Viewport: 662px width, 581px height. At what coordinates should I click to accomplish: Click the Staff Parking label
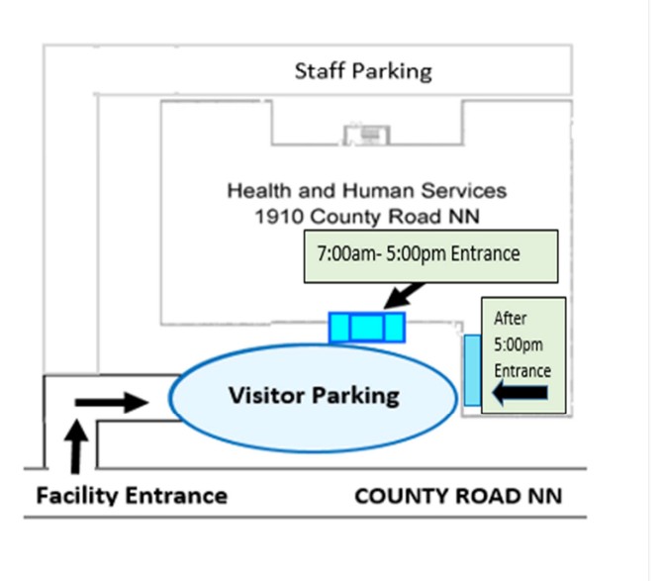[x=363, y=71]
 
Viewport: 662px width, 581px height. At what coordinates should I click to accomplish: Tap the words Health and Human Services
[x=366, y=190]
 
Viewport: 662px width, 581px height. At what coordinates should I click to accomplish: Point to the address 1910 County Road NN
[x=366, y=215]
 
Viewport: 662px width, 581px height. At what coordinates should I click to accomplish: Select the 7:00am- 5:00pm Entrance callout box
[x=426, y=254]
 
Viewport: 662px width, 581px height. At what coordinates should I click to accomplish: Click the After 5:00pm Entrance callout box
[x=522, y=354]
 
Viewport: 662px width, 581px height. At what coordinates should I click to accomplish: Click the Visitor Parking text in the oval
[x=314, y=396]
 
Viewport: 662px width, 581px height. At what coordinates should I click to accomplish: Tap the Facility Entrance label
[x=132, y=495]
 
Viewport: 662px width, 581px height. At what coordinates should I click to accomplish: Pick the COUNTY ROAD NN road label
[x=458, y=495]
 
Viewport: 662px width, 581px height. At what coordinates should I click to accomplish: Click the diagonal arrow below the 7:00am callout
[x=404, y=295]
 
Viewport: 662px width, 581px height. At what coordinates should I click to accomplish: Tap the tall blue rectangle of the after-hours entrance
[x=472, y=369]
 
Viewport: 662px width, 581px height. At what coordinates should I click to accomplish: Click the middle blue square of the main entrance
[x=367, y=327]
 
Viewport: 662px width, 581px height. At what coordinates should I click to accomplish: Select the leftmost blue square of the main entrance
[x=341, y=327]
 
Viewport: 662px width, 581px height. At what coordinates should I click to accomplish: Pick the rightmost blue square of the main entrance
[x=393, y=327]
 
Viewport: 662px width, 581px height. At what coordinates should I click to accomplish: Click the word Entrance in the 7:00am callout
[x=485, y=254]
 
